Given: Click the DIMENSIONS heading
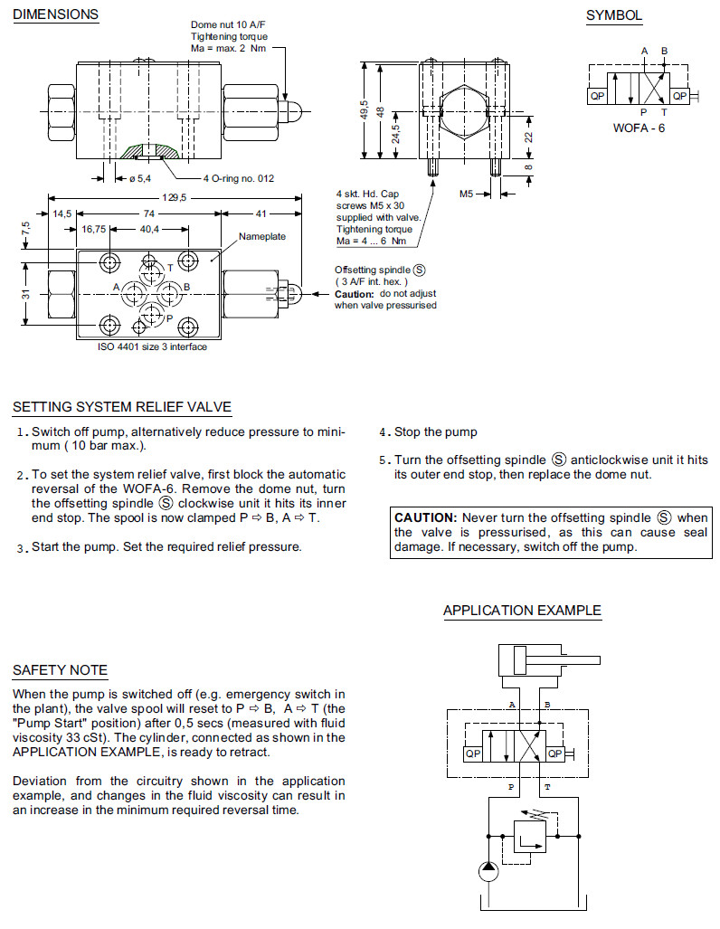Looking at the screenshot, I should coord(55,14).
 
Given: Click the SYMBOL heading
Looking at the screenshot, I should coord(613,15).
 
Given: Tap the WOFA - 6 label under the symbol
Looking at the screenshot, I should coord(639,128).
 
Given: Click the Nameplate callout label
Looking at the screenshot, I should coord(262,236).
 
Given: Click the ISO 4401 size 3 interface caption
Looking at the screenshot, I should coord(152,346).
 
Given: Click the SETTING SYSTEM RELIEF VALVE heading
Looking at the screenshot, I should coord(122,407).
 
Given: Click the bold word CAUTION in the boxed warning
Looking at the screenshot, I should coord(425,517).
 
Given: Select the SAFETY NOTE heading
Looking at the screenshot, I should coord(60,670).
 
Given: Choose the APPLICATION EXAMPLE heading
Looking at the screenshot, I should coord(522,611).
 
